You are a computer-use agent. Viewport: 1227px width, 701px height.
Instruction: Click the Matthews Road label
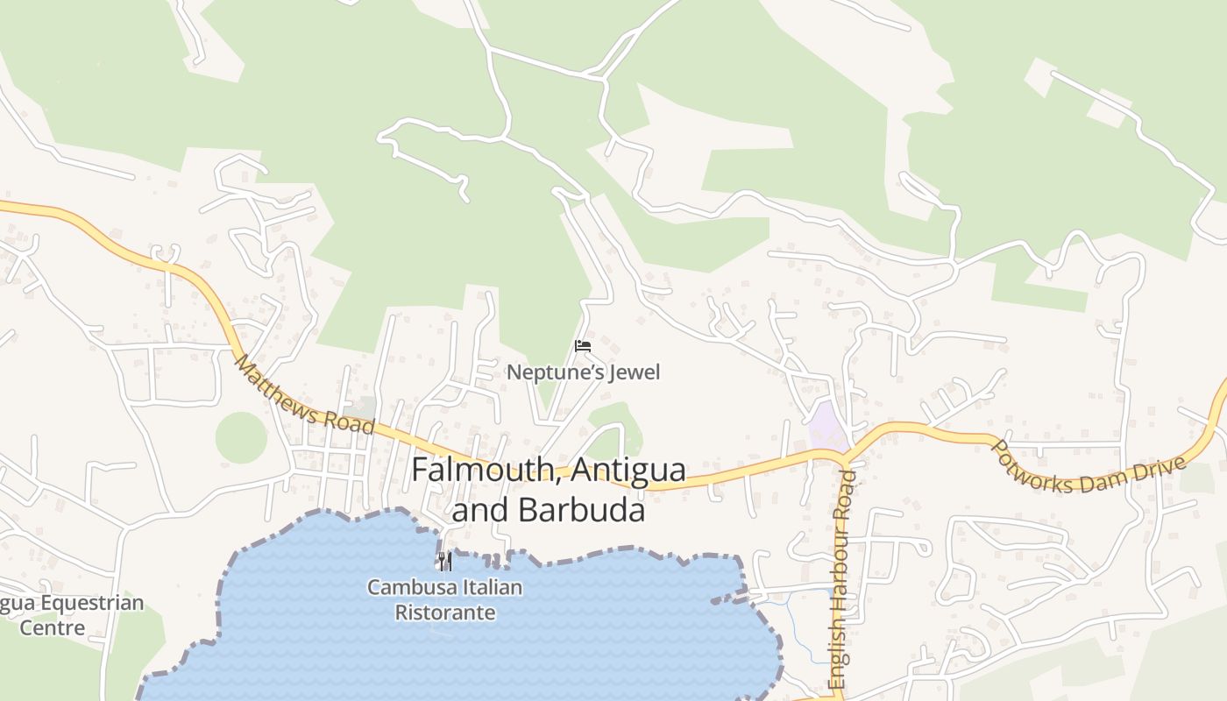coord(304,396)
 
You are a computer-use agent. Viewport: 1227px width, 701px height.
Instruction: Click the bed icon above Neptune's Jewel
coord(583,346)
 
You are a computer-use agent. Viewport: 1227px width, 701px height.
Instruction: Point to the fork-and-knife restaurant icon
coord(445,561)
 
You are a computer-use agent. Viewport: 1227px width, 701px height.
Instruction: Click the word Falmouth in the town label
coord(486,471)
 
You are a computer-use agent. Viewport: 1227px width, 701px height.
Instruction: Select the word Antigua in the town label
coord(628,471)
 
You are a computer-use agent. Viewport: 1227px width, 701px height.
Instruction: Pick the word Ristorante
coord(445,612)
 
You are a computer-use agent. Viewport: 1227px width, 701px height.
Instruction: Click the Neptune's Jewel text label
coord(583,372)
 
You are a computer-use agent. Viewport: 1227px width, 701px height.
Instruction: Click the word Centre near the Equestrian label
coord(53,628)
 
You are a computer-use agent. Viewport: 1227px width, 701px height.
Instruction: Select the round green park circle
coord(241,437)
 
